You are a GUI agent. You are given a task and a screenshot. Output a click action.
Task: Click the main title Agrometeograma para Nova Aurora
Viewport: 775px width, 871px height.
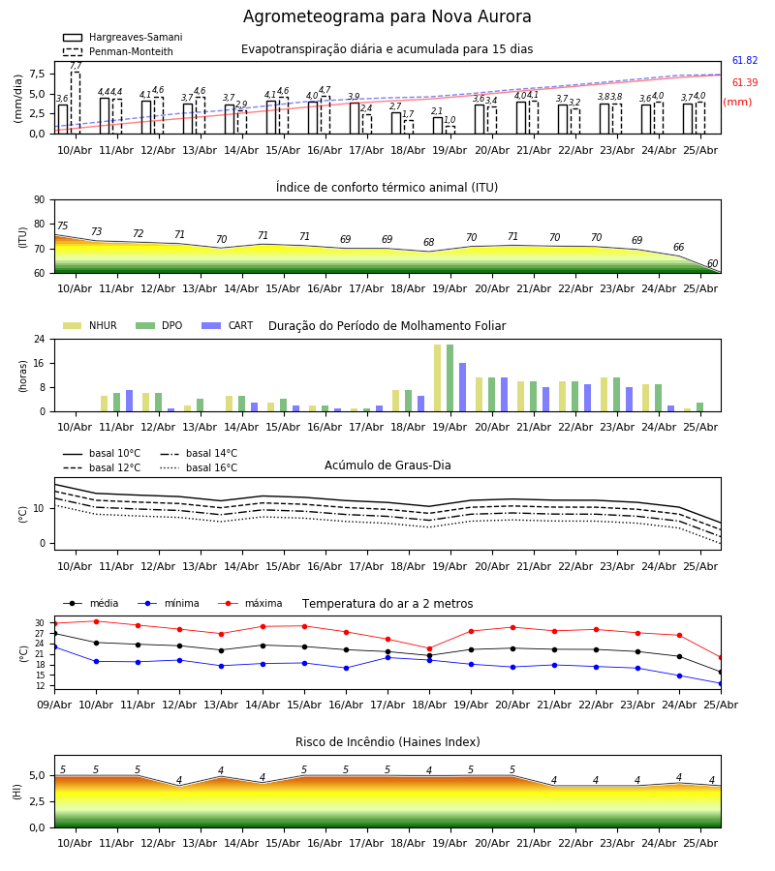tap(387, 16)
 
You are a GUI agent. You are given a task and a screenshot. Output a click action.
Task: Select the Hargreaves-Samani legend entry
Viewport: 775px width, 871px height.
tap(122, 37)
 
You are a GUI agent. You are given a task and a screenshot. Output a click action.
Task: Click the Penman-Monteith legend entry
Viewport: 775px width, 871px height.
tap(118, 51)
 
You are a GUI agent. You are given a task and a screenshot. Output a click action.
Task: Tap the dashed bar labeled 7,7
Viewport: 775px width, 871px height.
tap(76, 103)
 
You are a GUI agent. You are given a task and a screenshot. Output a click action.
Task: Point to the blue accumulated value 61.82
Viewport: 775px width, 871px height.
tap(745, 61)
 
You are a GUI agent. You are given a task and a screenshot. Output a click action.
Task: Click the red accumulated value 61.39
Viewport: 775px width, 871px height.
tap(745, 83)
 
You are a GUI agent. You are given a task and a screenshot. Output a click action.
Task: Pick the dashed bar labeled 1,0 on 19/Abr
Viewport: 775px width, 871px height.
tap(450, 130)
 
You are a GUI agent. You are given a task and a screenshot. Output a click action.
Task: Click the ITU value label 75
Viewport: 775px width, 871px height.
tap(62, 225)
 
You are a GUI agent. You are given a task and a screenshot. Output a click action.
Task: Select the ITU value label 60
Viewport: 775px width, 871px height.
tap(712, 263)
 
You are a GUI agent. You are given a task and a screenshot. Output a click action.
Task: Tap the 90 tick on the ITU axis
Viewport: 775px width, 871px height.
tap(40, 200)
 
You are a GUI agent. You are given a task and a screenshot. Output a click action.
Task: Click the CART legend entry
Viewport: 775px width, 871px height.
tap(228, 325)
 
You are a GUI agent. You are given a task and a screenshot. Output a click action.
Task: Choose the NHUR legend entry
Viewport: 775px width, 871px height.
tap(90, 325)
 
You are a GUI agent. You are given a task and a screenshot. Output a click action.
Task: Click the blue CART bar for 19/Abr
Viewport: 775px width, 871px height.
tap(462, 387)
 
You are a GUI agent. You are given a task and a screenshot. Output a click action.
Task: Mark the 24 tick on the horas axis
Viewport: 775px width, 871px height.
tap(40, 339)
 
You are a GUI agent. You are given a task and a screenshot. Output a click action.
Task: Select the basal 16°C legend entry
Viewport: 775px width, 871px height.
tap(199, 467)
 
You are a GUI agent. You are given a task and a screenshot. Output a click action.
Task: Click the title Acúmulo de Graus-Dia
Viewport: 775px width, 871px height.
tap(387, 465)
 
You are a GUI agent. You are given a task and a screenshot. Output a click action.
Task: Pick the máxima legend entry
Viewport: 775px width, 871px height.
tap(251, 603)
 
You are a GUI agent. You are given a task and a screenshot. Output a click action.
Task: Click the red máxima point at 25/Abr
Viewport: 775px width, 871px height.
tap(721, 658)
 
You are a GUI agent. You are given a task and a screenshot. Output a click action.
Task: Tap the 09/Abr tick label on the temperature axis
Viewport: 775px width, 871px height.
tap(54, 705)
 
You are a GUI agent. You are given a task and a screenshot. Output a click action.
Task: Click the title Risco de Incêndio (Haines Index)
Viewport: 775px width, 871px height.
tap(387, 742)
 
